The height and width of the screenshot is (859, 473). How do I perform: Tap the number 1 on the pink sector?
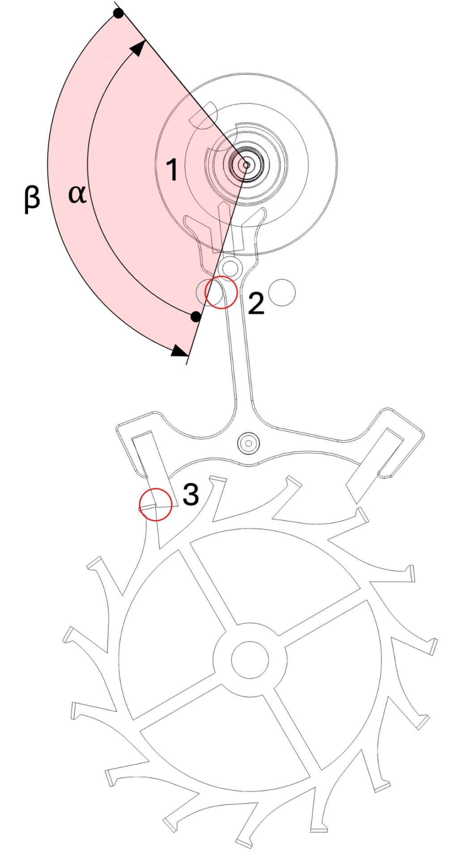point(172,170)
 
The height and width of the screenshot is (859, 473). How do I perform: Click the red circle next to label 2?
point(221,292)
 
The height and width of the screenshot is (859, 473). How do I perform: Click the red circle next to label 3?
point(155,504)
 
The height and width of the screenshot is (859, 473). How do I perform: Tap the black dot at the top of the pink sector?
point(118,13)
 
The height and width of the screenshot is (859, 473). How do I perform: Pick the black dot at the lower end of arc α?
point(196,317)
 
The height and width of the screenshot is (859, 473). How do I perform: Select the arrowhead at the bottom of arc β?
point(180,351)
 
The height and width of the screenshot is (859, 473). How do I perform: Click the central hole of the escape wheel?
point(250,659)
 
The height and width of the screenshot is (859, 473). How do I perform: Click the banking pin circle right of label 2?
point(282,292)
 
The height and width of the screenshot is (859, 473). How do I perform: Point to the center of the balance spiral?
point(246,165)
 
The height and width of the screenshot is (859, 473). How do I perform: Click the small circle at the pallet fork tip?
point(230,268)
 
